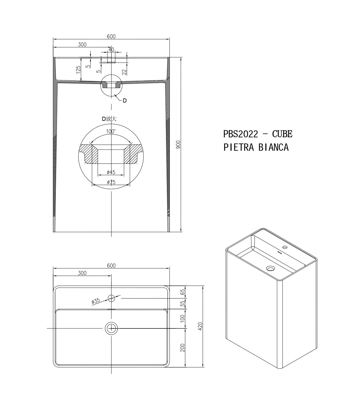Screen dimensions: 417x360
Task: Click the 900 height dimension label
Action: pyautogui.click(x=178, y=145)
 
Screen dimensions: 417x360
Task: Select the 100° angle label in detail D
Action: pyautogui.click(x=111, y=132)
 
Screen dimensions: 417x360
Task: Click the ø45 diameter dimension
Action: pyautogui.click(x=111, y=172)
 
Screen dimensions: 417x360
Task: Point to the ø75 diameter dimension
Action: pyautogui.click(x=111, y=182)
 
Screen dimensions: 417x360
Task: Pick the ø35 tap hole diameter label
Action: pyautogui.click(x=96, y=301)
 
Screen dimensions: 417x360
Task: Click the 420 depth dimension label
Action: pyautogui.click(x=200, y=326)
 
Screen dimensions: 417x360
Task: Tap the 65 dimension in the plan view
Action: pyautogui.click(x=183, y=292)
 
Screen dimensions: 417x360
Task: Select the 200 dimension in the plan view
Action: pyautogui.click(x=183, y=348)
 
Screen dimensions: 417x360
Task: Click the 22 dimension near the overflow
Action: pyautogui.click(x=124, y=71)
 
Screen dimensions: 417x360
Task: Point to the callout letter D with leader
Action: pyautogui.click(x=125, y=100)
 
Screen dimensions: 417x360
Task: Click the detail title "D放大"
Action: pyautogui.click(x=109, y=119)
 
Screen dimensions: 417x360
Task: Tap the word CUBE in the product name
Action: pyautogui.click(x=282, y=134)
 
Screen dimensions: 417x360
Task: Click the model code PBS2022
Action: pyautogui.click(x=241, y=134)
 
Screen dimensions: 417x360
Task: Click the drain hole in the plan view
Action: pyautogui.click(x=111, y=328)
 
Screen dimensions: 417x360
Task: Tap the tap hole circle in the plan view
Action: pyautogui.click(x=111, y=298)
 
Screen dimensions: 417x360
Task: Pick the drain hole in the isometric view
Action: pyautogui.click(x=271, y=269)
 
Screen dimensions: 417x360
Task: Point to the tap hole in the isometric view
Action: pyautogui.click(x=285, y=248)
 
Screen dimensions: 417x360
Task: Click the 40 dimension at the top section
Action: pyautogui.click(x=111, y=50)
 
